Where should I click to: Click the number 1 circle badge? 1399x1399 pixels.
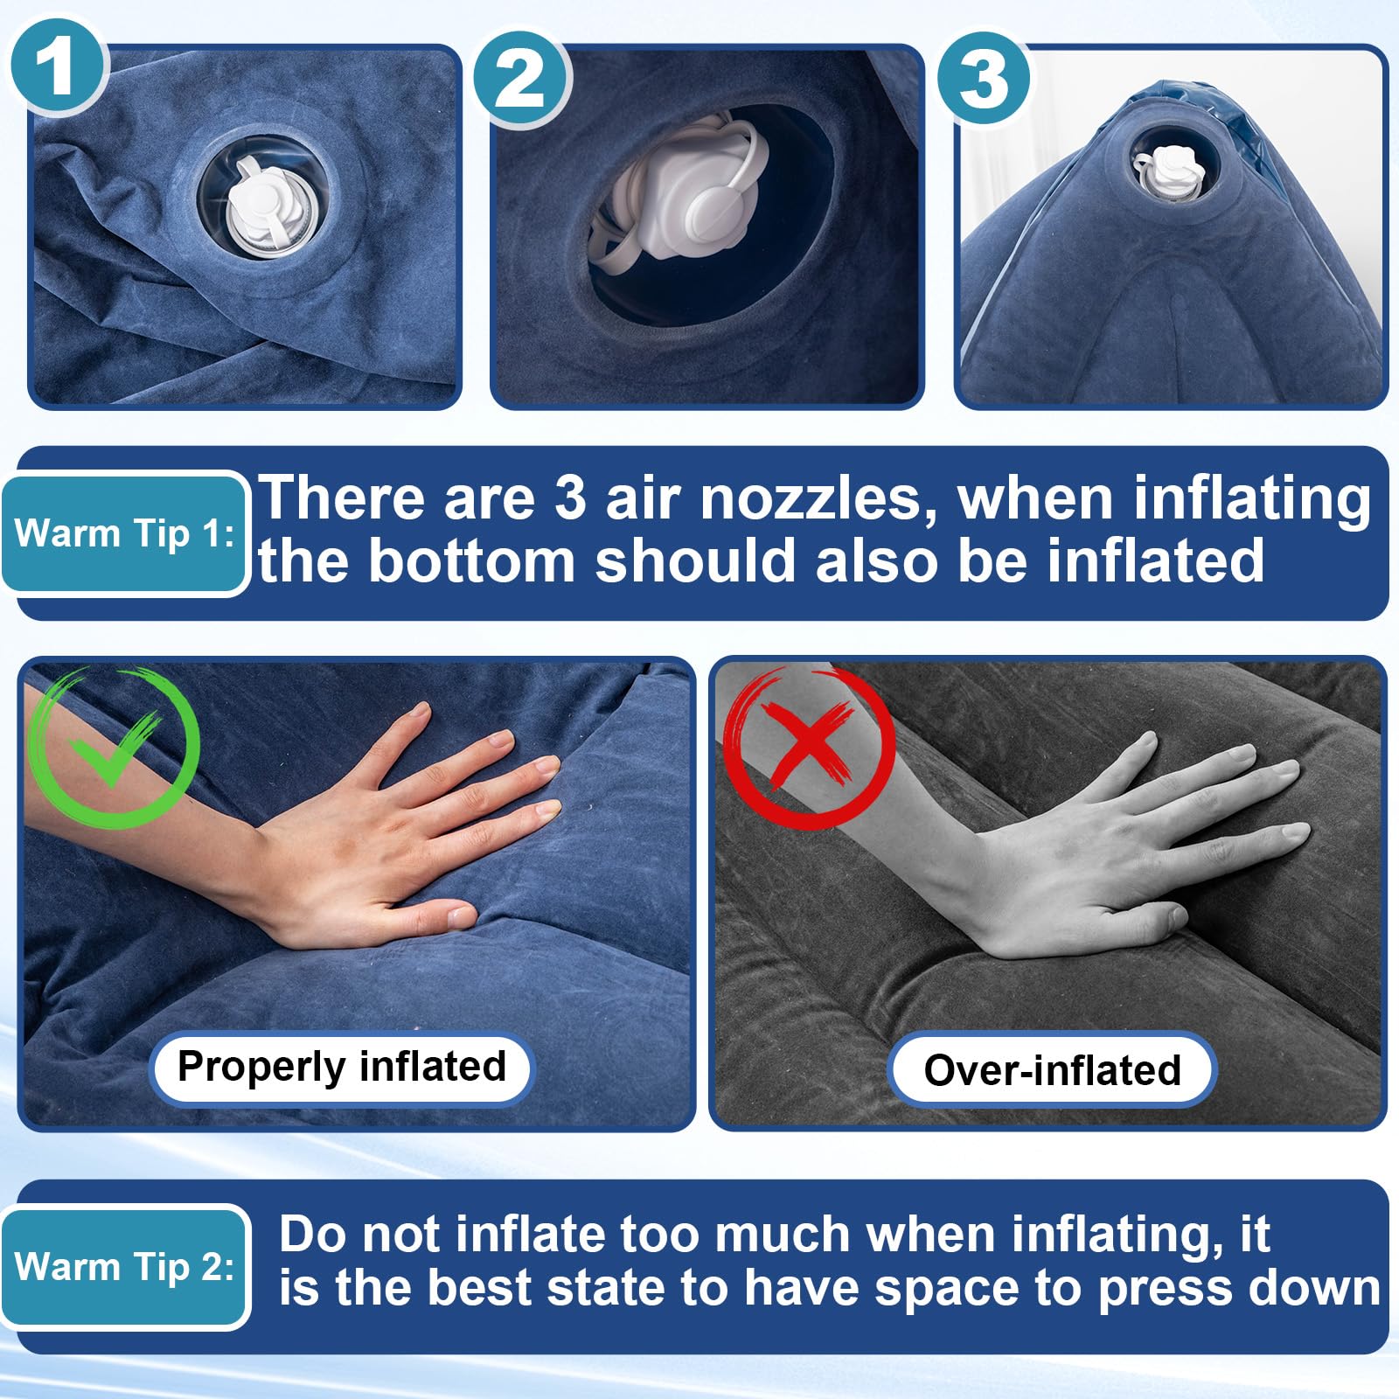[59, 67]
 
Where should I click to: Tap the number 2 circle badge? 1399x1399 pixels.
[522, 80]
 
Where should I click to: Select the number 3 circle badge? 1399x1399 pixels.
[985, 80]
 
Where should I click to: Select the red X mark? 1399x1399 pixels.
[810, 748]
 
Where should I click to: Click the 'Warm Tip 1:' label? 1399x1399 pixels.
[124, 533]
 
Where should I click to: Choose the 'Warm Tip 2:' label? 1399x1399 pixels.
[124, 1266]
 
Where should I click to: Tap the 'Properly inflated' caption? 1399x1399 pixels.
[342, 1068]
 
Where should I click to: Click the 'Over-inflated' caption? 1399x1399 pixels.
[1052, 1070]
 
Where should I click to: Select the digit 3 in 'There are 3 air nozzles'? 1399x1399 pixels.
[569, 498]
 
